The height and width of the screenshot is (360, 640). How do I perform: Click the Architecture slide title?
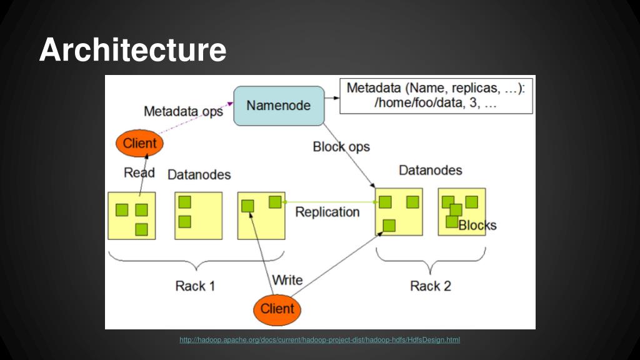click(x=132, y=50)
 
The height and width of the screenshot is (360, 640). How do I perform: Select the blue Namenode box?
click(x=279, y=106)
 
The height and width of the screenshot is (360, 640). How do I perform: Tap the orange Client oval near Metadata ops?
click(x=139, y=143)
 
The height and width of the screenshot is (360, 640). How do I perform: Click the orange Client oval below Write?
click(x=277, y=309)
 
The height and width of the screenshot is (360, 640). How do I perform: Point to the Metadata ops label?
click(x=183, y=111)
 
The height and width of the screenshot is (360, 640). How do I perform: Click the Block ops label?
click(x=341, y=146)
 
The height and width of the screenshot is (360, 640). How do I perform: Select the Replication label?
click(x=327, y=212)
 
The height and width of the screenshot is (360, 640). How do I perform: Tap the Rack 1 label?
click(x=195, y=286)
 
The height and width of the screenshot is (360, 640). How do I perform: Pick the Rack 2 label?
click(x=431, y=286)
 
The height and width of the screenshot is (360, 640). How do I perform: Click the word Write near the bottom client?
click(x=287, y=280)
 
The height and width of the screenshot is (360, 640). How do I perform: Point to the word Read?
click(x=139, y=172)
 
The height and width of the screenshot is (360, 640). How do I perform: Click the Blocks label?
click(x=477, y=225)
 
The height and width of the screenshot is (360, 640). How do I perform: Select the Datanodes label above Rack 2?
click(x=430, y=170)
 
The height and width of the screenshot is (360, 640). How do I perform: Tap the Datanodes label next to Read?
click(x=199, y=175)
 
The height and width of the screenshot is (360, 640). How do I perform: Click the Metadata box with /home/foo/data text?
click(x=436, y=96)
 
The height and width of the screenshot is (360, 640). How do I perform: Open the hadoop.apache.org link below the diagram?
click(x=319, y=339)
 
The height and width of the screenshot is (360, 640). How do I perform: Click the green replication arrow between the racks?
click(x=331, y=202)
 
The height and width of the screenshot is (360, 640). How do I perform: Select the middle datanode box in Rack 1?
click(x=198, y=216)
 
